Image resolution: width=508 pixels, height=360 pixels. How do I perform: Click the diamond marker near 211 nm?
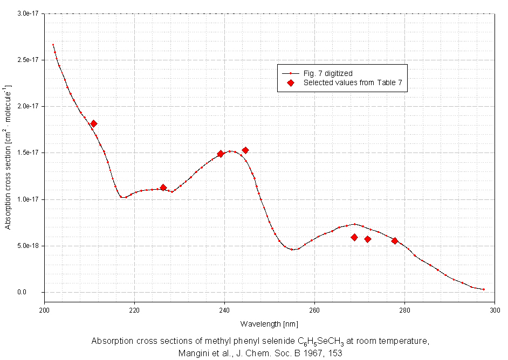click(94, 124)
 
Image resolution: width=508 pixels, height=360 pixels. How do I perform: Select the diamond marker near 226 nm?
click(163, 188)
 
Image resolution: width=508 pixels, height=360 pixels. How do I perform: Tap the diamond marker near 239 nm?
click(221, 154)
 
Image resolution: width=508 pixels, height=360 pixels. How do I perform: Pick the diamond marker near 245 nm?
click(245, 150)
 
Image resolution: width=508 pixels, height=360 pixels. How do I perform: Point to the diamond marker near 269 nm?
click(354, 237)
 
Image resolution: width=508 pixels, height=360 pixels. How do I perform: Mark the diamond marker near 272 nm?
click(368, 239)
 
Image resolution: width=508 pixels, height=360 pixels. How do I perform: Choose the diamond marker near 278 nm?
click(395, 241)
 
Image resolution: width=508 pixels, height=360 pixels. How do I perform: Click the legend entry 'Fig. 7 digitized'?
click(328, 73)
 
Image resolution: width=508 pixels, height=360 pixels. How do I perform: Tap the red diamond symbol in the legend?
click(291, 83)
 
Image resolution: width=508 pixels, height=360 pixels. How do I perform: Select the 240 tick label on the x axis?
click(225, 310)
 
